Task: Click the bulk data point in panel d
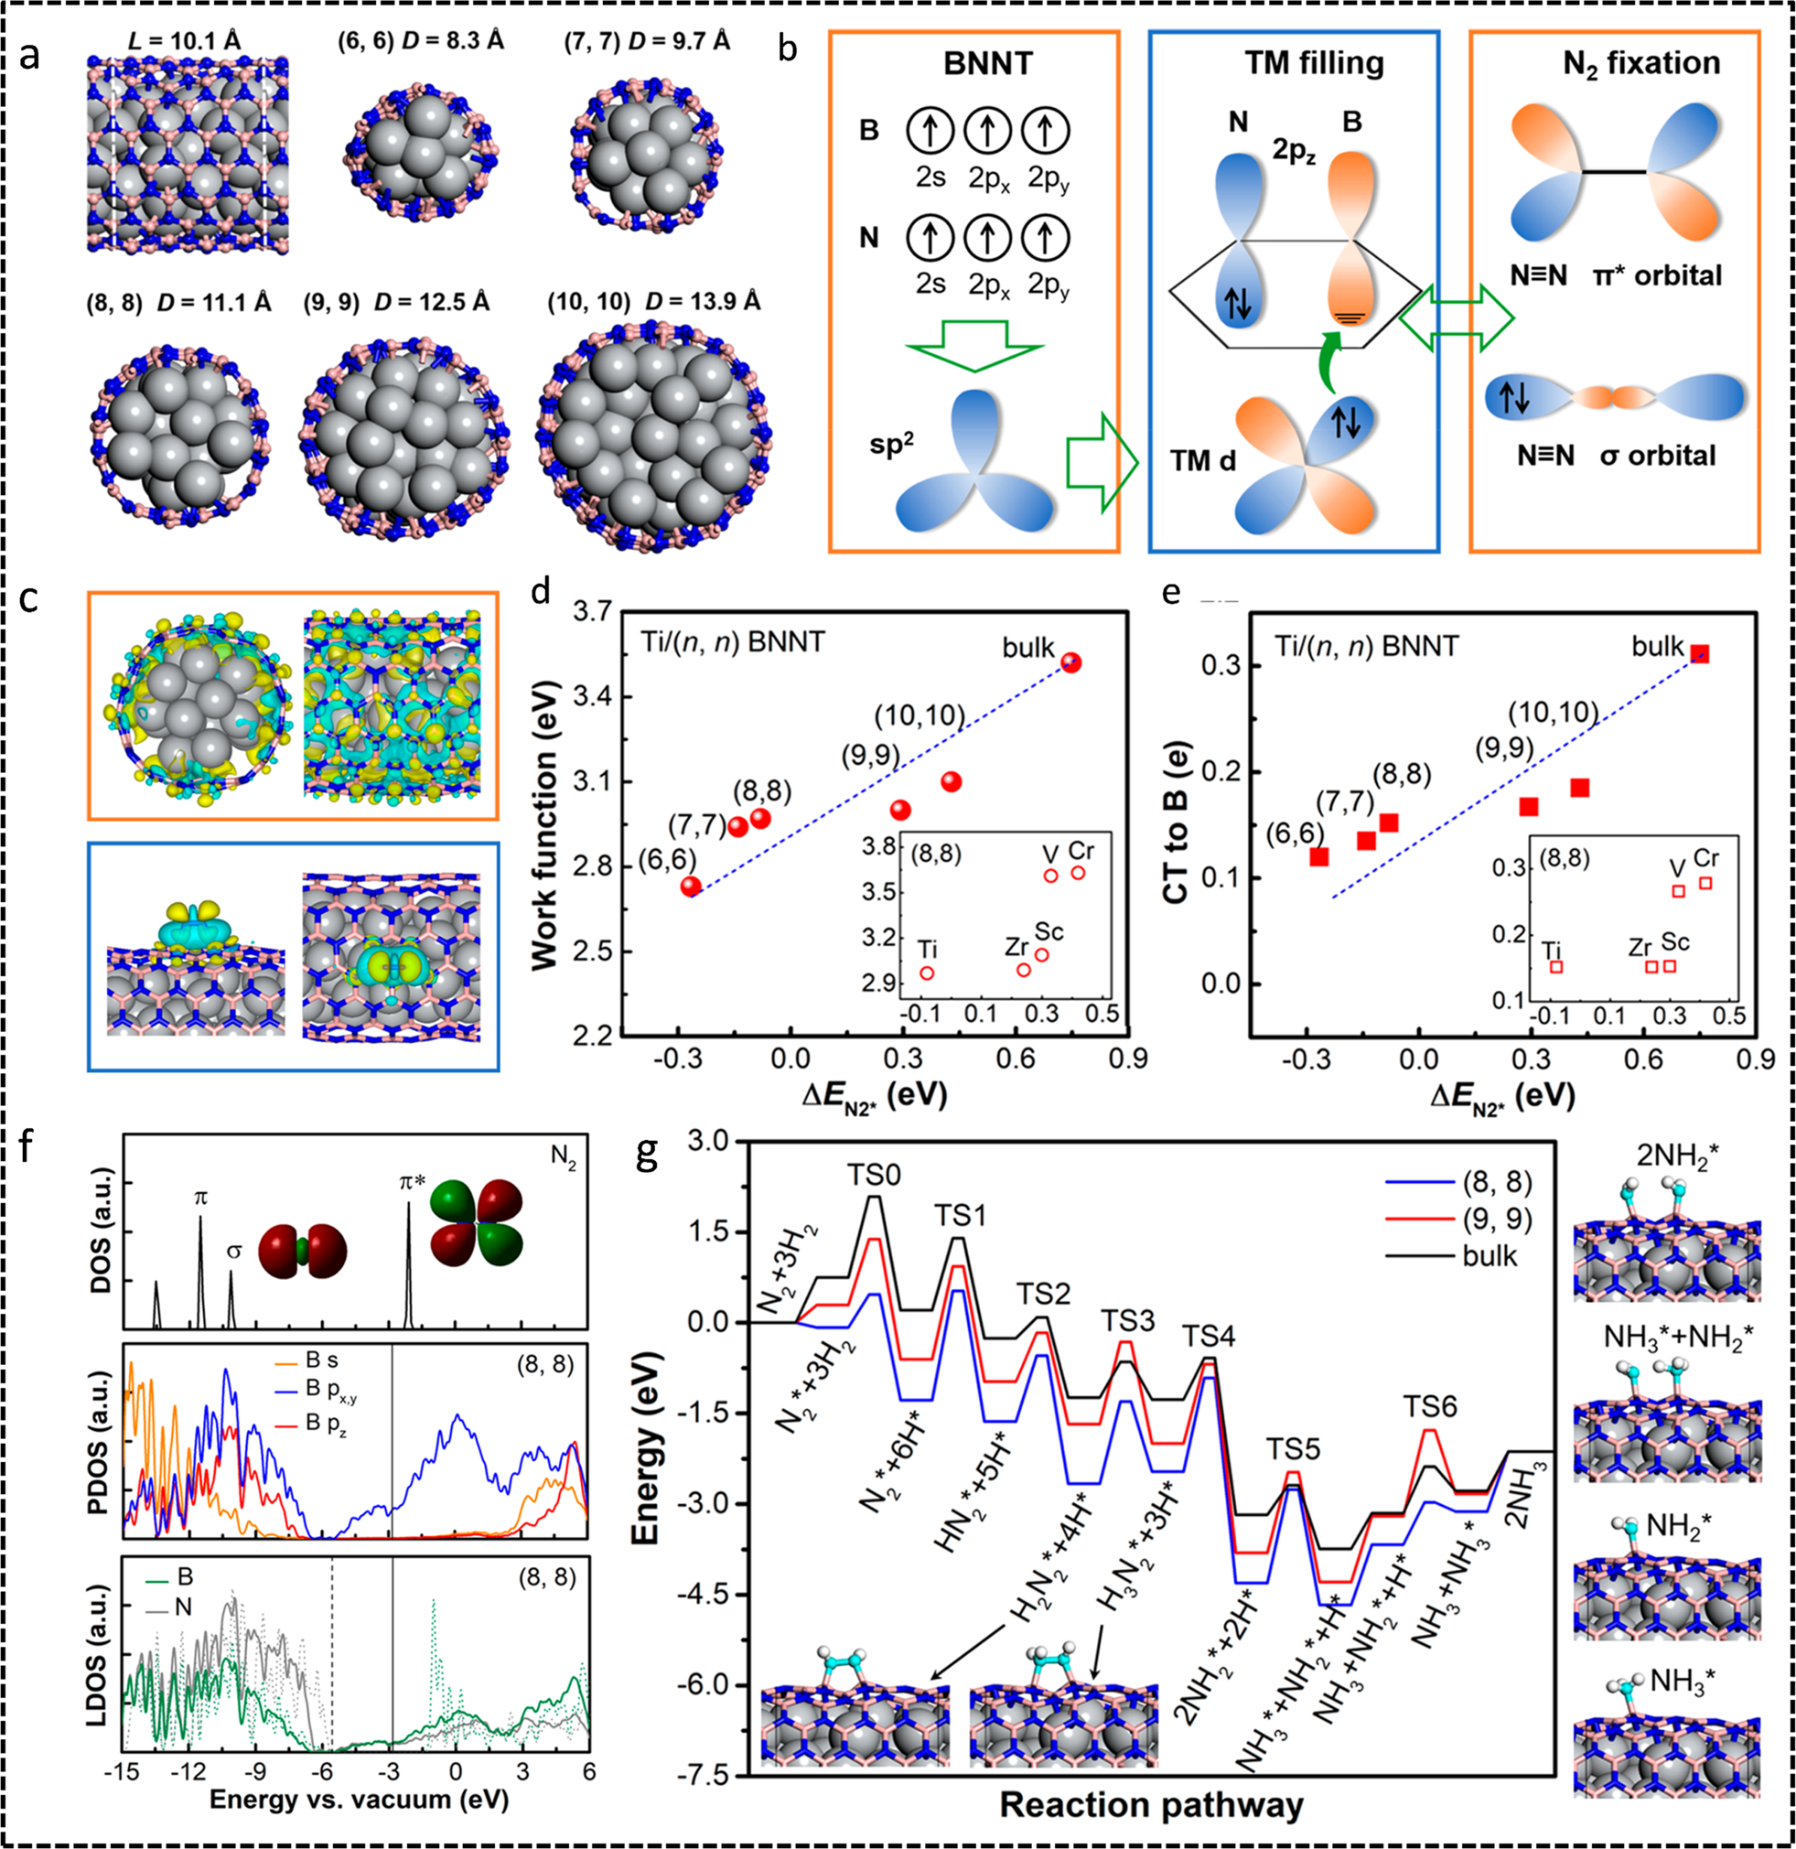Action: coord(1070,662)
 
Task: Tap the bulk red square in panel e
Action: coord(1700,654)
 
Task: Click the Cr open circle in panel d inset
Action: coord(1078,873)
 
